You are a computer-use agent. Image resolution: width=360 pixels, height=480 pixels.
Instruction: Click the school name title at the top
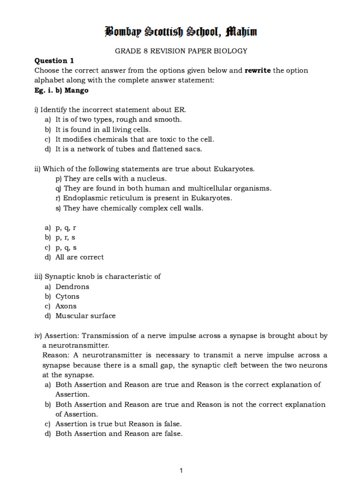coord(180,32)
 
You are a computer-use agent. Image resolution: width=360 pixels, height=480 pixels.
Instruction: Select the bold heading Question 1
coord(54,60)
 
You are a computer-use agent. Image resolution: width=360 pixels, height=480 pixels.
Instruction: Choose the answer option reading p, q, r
coord(66,227)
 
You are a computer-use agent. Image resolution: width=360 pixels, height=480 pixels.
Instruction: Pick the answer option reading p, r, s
coord(66,237)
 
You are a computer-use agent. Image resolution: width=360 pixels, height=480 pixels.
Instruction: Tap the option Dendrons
coord(72,286)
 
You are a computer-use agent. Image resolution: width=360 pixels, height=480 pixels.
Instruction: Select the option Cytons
coord(67,296)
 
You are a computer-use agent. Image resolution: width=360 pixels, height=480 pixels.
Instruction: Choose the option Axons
coord(66,306)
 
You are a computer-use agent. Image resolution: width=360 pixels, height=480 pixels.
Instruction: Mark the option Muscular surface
coord(85,316)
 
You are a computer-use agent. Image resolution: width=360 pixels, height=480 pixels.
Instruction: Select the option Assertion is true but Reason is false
coord(119,424)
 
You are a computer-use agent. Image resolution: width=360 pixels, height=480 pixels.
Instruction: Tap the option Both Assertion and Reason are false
coord(119,434)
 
